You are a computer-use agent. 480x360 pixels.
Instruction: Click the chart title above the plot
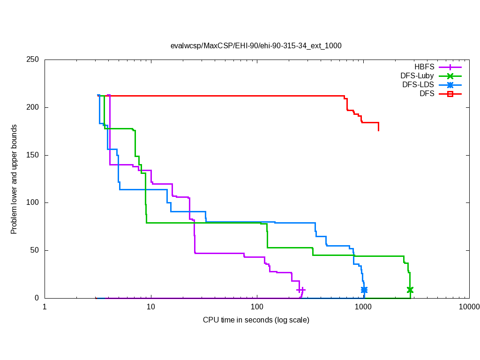click(x=255, y=46)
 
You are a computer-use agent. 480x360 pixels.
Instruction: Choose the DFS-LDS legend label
click(x=418, y=85)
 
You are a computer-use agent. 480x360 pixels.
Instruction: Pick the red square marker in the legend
click(x=450, y=94)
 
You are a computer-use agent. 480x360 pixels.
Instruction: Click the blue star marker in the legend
click(x=450, y=85)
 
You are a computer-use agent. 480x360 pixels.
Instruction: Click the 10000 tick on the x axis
click(x=469, y=307)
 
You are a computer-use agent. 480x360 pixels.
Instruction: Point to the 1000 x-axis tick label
click(x=363, y=307)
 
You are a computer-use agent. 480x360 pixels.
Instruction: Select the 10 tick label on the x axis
click(x=151, y=307)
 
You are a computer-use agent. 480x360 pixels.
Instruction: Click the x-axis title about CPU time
click(x=256, y=320)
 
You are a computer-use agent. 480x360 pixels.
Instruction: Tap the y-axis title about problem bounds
click(x=14, y=180)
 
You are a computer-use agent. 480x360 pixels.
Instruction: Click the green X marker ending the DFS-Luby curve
click(x=410, y=290)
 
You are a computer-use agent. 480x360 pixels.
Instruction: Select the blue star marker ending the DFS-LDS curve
click(x=364, y=290)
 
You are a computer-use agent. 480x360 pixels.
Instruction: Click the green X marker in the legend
click(x=450, y=76)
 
